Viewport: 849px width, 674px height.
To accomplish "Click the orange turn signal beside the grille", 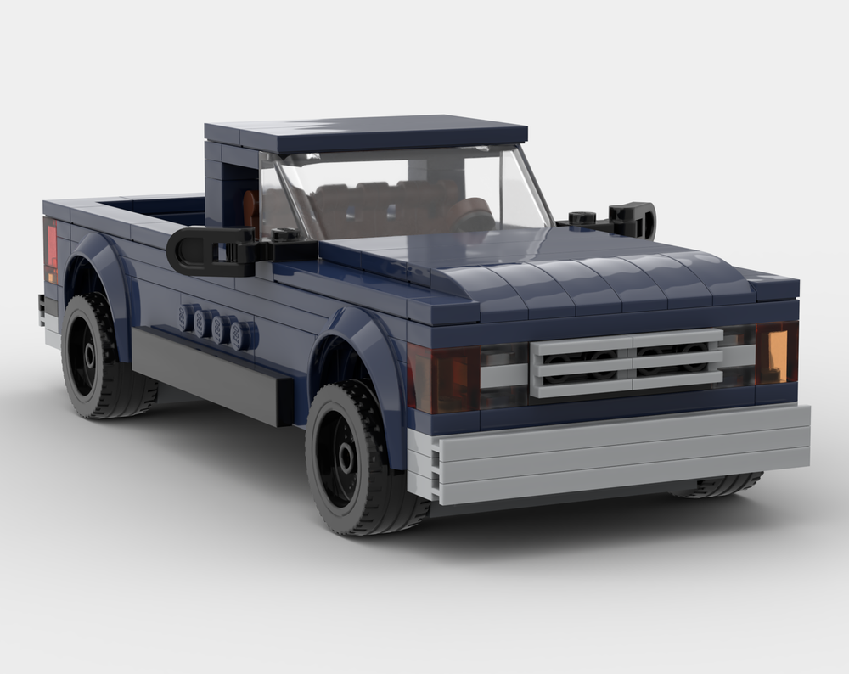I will tap(778, 351).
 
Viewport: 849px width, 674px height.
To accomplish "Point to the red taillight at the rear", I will tap(51, 246).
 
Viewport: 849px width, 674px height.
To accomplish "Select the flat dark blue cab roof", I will tap(365, 132).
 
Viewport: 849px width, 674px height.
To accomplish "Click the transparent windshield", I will tap(408, 195).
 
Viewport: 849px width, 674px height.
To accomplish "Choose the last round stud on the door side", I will tap(245, 335).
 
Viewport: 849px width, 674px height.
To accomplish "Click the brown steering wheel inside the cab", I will tap(471, 212).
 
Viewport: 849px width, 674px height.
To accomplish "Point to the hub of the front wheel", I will tap(346, 459).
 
